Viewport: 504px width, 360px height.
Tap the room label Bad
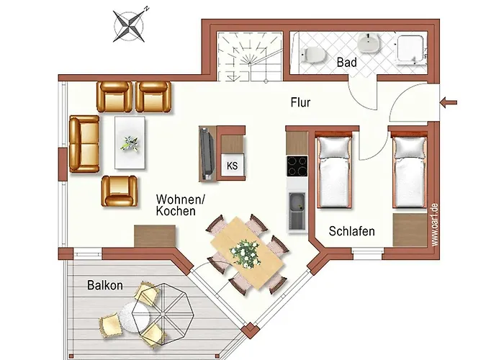[x=346, y=63]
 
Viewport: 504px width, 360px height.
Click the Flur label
[x=300, y=103]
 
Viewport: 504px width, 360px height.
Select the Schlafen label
[x=351, y=232]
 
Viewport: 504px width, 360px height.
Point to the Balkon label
[x=105, y=285]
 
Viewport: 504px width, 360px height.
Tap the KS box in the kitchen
[x=233, y=166]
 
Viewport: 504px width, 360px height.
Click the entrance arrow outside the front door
[x=448, y=103]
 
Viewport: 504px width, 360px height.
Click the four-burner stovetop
[x=297, y=166]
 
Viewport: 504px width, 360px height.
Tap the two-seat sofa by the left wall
[x=84, y=144]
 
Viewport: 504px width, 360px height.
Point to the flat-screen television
[x=207, y=153]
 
